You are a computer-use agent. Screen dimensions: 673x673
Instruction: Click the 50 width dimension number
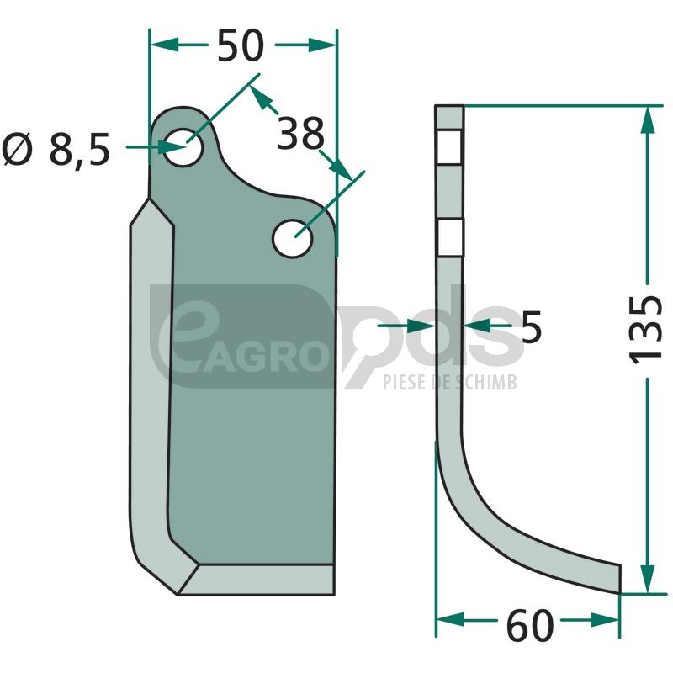point(240,45)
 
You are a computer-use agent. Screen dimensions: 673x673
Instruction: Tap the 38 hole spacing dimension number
point(300,133)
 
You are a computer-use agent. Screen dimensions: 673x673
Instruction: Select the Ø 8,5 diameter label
point(56,150)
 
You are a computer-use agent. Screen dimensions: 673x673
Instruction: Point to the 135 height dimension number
point(646,329)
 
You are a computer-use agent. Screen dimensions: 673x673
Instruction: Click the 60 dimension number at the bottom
point(530,626)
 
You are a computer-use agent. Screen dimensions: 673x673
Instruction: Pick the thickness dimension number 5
point(532,326)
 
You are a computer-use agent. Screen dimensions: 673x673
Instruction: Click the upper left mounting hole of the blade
point(183,146)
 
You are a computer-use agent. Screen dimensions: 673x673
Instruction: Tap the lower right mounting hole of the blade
point(292,238)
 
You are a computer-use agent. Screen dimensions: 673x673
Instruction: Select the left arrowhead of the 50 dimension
point(164,45)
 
